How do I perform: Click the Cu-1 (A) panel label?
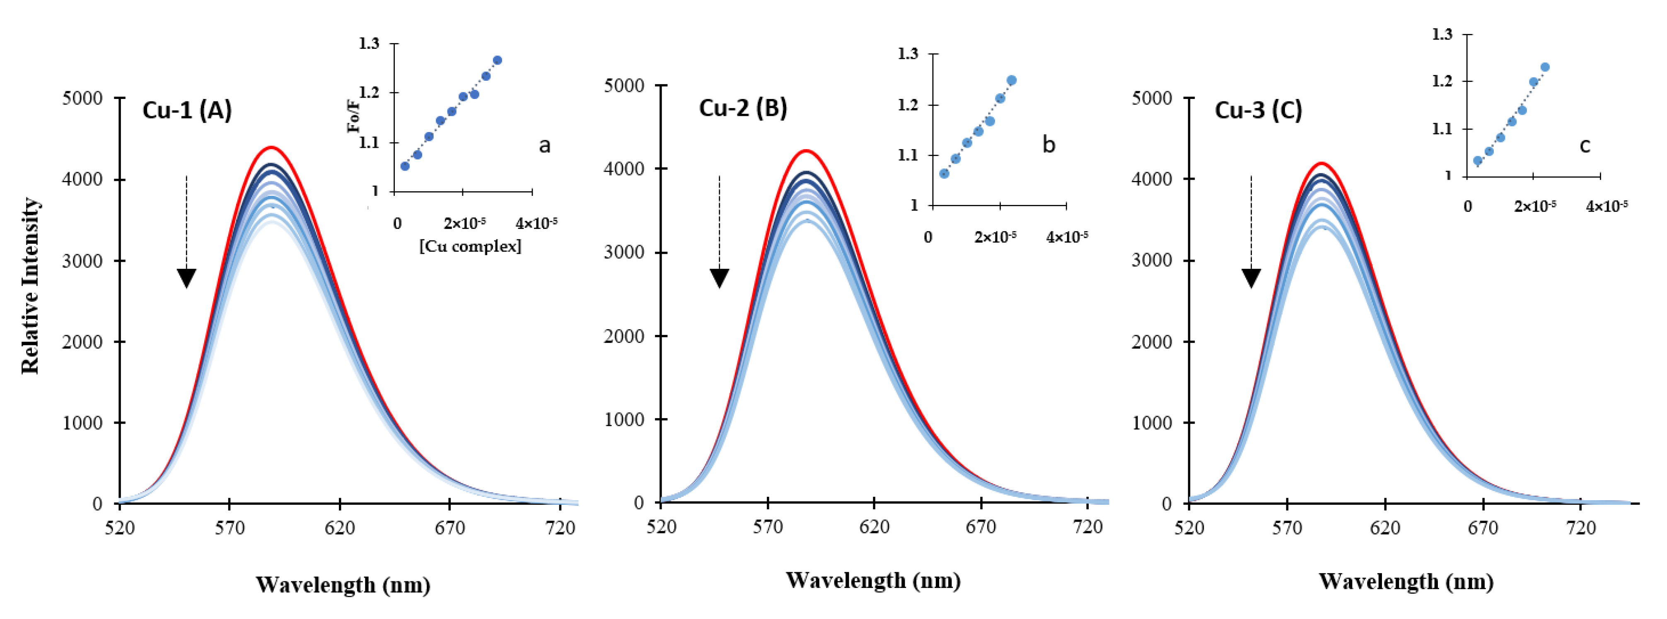pos(187,110)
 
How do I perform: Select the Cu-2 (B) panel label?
pos(743,107)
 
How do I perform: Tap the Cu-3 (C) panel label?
pos(1258,110)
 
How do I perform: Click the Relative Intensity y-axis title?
pos(30,286)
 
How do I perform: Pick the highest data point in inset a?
pos(497,60)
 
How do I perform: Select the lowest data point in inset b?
pos(944,173)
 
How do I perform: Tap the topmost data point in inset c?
pos(1545,67)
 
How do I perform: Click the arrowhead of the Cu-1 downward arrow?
pos(186,278)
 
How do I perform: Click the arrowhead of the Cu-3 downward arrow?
pos(1251,278)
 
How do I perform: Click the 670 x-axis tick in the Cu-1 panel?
pos(450,528)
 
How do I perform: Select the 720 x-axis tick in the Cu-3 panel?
pos(1580,528)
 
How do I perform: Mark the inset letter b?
pos(1049,145)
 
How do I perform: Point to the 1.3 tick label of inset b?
pos(908,54)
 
